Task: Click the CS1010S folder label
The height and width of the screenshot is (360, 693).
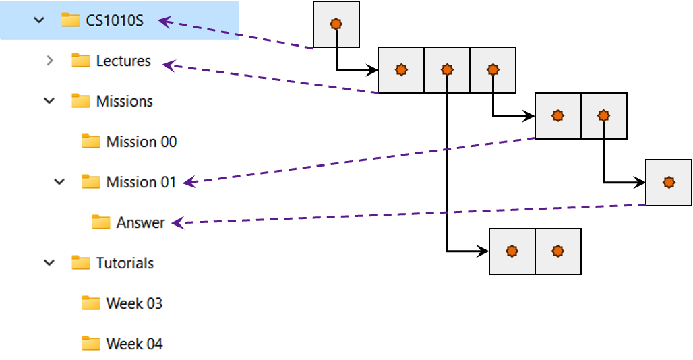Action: [x=115, y=20]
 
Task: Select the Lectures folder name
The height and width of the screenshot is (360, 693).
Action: [x=123, y=61]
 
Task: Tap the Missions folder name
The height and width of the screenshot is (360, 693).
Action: [x=124, y=101]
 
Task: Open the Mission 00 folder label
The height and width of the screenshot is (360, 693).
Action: [x=142, y=142]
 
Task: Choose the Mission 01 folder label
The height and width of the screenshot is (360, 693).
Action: [x=141, y=182]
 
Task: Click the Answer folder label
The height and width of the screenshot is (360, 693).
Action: [x=140, y=222]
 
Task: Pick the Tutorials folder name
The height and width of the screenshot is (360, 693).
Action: [x=125, y=263]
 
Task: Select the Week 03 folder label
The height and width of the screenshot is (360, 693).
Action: [x=134, y=303]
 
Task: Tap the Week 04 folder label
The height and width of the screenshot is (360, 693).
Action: [x=134, y=344]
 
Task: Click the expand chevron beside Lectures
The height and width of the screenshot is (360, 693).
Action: [x=49, y=61]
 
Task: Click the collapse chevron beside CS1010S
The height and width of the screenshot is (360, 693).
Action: [x=39, y=20]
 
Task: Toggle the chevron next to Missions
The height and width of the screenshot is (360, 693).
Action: [x=49, y=101]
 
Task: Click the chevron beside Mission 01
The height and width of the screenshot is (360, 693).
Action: [x=59, y=182]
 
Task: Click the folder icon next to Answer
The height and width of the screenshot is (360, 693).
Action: [x=100, y=222]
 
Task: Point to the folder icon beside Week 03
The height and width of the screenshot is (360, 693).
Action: [x=90, y=303]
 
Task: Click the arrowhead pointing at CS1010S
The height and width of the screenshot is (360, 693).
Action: [x=164, y=22]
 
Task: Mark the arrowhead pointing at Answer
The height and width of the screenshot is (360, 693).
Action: [x=177, y=222]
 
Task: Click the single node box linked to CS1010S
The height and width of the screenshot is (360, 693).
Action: [x=336, y=24]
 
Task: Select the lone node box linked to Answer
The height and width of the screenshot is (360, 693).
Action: [x=669, y=183]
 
